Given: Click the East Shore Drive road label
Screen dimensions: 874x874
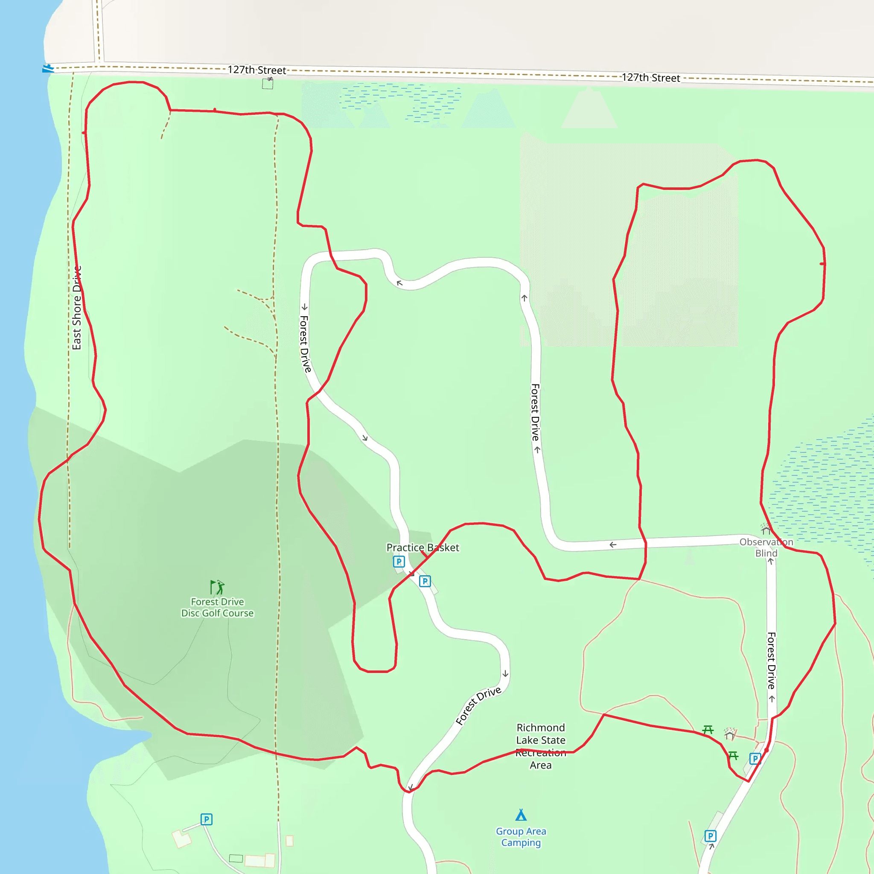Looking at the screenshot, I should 77,308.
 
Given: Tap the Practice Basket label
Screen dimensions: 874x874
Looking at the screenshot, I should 422,548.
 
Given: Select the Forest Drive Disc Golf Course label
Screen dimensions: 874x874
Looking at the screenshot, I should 218,607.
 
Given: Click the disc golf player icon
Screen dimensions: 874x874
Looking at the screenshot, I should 218,587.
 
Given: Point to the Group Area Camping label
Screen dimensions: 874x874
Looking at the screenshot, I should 521,836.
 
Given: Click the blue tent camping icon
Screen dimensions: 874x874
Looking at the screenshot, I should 521,815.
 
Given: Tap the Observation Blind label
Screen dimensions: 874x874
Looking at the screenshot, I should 766,548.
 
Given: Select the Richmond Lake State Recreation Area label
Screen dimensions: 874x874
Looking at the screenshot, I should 541,746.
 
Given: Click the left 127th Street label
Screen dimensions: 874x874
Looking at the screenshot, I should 256,70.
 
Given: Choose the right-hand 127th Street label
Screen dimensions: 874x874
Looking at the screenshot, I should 650,78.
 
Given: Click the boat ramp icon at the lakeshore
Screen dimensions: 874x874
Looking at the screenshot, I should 47,69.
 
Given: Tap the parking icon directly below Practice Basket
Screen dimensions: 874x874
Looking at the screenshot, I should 399,562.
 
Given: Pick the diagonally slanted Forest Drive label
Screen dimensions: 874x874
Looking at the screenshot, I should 478,705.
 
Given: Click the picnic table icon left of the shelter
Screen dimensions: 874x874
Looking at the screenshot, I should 708,729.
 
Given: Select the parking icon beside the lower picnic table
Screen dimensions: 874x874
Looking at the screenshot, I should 755,759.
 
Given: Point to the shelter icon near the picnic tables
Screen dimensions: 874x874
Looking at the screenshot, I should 730,733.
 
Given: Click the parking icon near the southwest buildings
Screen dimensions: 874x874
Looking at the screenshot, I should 206,819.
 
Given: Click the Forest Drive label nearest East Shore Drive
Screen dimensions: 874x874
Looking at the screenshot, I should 306,344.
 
